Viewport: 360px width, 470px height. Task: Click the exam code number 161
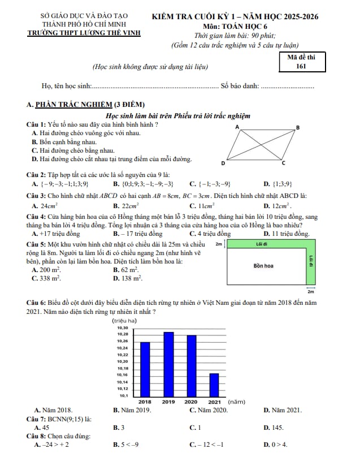pos(301,66)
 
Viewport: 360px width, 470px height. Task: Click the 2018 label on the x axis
pos(145,401)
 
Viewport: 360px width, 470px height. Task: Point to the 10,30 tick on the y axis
pos(122,327)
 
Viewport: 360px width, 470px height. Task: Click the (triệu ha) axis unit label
pos(125,321)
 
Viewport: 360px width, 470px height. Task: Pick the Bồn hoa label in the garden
pos(263,265)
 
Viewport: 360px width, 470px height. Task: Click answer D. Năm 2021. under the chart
pos(283,409)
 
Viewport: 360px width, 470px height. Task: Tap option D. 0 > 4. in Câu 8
pos(276,445)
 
